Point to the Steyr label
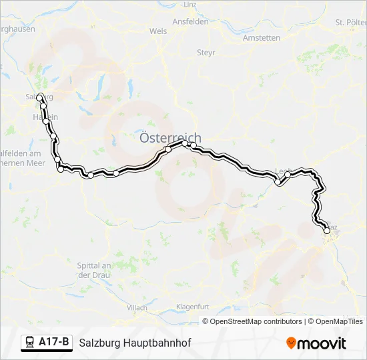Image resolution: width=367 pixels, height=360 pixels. tap(206, 52)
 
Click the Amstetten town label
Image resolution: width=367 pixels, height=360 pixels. tap(262, 38)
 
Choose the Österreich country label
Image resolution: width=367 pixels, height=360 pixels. tap(169, 138)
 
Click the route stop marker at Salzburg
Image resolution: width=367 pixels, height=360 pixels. tap(40, 97)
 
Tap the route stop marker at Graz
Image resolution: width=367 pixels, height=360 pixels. tap(327, 231)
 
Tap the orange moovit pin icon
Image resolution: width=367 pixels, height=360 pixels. tap(291, 343)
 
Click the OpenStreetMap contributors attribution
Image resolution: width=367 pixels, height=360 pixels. tap(256, 321)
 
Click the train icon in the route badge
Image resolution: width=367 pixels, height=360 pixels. tap(30, 343)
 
